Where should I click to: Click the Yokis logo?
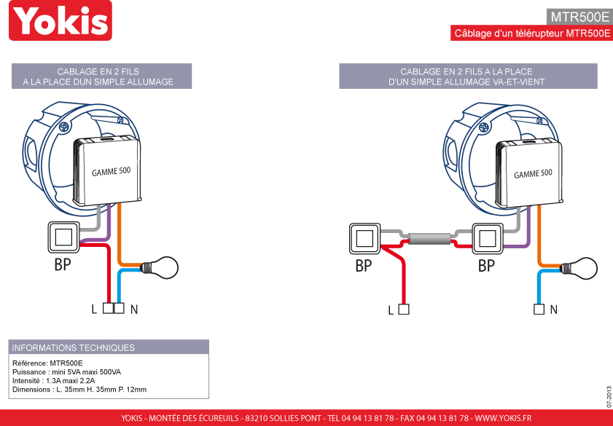pyautogui.click(x=60, y=20)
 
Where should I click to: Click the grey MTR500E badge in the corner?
pyautogui.click(x=579, y=17)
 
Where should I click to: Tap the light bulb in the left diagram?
pyautogui.click(x=160, y=267)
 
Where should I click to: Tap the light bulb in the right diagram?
pyautogui.click(x=579, y=268)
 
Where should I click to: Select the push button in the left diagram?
pyautogui.click(x=63, y=237)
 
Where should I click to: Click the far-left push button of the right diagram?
pyautogui.click(x=364, y=238)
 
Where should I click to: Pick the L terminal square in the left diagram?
pyautogui.click(x=108, y=308)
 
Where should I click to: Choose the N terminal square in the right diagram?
pyautogui.click(x=539, y=309)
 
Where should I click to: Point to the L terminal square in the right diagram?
pyautogui.click(x=404, y=309)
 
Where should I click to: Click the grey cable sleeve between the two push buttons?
pyautogui.click(x=429, y=238)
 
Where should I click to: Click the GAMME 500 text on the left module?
pyautogui.click(x=111, y=171)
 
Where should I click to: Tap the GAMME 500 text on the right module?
pyautogui.click(x=533, y=173)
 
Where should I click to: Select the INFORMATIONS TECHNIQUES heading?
pyautogui.click(x=74, y=347)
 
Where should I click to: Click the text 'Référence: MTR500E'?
pyautogui.click(x=47, y=363)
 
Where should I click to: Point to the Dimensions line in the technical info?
pyautogui.click(x=79, y=390)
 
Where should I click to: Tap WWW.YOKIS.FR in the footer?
pyautogui.click(x=503, y=418)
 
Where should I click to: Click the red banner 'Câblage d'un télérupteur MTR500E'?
pyautogui.click(x=531, y=33)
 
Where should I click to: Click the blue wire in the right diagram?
pyautogui.click(x=539, y=287)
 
